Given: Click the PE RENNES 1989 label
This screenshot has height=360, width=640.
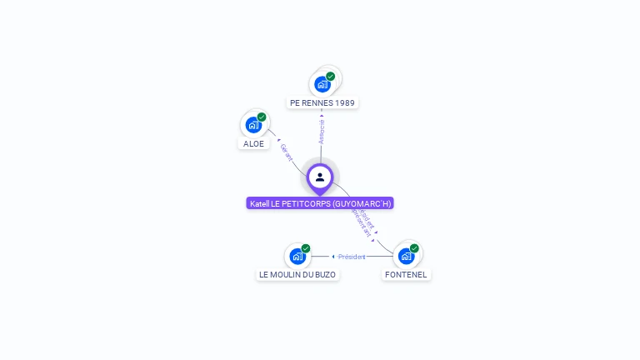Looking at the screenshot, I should pyautogui.click(x=322, y=103).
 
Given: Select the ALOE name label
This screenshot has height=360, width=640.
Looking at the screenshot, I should pyautogui.click(x=253, y=143).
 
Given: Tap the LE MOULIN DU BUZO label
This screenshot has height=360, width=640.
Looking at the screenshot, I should pyautogui.click(x=297, y=274).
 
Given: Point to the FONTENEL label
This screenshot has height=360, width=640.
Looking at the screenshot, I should pyautogui.click(x=407, y=274).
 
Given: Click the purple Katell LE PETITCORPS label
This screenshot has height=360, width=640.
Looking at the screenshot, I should pyautogui.click(x=320, y=203).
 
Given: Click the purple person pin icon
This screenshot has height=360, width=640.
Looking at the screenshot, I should pyautogui.click(x=320, y=177).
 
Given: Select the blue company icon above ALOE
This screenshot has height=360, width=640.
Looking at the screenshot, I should pyautogui.click(x=253, y=125).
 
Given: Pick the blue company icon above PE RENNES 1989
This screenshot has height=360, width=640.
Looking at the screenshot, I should pyautogui.click(x=322, y=84).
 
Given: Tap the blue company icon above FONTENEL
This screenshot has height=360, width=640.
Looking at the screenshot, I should pyautogui.click(x=406, y=256).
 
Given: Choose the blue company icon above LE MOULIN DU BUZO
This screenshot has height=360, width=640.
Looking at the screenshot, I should pyautogui.click(x=297, y=256).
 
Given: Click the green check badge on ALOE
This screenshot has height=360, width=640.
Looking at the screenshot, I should pyautogui.click(x=262, y=117).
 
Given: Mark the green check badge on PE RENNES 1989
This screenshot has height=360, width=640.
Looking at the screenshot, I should pyautogui.click(x=330, y=77).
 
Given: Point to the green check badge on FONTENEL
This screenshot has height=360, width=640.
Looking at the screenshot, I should pyautogui.click(x=414, y=248).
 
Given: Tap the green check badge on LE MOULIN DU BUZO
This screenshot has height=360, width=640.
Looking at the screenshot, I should pyautogui.click(x=306, y=248).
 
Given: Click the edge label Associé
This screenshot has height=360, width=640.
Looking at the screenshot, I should pyautogui.click(x=322, y=131).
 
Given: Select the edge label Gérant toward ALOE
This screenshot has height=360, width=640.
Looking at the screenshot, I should pyautogui.click(x=287, y=152).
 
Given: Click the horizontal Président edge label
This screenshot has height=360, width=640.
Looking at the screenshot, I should pyautogui.click(x=352, y=257).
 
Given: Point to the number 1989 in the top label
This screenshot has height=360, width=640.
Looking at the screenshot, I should pyautogui.click(x=345, y=103).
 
